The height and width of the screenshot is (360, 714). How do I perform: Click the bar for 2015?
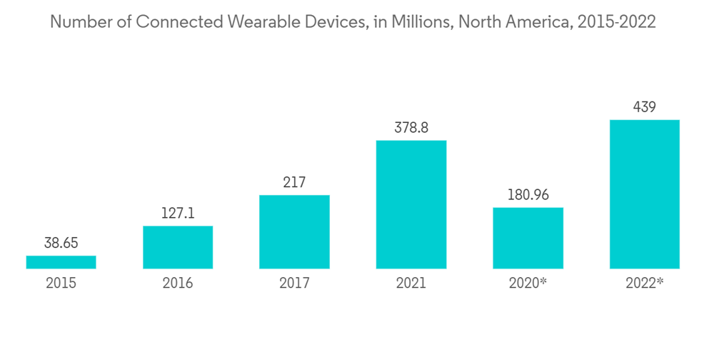click(x=61, y=262)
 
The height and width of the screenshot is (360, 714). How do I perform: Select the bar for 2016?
click(x=178, y=247)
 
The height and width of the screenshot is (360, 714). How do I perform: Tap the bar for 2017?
click(x=294, y=231)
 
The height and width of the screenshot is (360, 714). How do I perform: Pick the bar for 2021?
click(x=411, y=204)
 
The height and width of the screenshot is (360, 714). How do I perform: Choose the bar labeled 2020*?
click(x=528, y=238)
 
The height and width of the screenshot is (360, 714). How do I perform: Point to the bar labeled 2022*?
click(x=644, y=194)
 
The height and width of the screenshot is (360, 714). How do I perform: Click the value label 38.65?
click(x=61, y=243)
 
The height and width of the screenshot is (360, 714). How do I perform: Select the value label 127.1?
click(x=178, y=213)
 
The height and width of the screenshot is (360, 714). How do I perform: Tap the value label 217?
click(x=294, y=182)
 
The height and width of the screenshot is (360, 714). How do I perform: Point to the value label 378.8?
click(x=411, y=128)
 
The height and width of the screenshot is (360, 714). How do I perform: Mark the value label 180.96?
click(x=528, y=195)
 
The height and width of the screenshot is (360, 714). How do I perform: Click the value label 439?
click(x=644, y=107)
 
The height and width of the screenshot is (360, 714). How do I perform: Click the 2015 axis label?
click(x=61, y=284)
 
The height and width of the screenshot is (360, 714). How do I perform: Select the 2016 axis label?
click(x=178, y=284)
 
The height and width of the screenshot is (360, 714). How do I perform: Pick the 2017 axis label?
click(x=294, y=284)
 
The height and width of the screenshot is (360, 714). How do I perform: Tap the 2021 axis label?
click(x=411, y=284)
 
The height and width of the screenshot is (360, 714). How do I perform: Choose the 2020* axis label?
click(x=528, y=284)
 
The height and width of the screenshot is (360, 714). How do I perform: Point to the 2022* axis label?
click(x=644, y=284)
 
